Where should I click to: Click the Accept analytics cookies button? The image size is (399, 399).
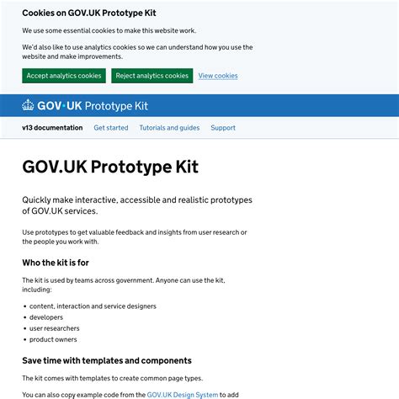[64, 76]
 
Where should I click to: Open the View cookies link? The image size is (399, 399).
[218, 76]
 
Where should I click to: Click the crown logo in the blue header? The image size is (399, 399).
[29, 106]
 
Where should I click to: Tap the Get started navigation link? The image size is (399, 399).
[111, 128]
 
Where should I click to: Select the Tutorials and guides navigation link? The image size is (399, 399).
[169, 128]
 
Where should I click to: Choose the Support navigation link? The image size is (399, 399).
[223, 128]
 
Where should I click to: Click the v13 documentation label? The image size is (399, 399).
[52, 128]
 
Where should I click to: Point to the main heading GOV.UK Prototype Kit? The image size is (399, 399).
[110, 167]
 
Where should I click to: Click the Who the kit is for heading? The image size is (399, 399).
[56, 263]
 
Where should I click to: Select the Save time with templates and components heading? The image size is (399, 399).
[107, 360]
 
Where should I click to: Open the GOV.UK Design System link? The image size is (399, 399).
[183, 394]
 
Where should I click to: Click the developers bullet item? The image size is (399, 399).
[46, 317]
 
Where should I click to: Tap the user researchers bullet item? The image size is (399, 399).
[55, 328]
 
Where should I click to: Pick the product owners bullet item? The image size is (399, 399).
[53, 339]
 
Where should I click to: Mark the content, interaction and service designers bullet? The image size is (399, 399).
[93, 306]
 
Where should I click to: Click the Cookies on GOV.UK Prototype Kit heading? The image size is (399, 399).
[89, 13]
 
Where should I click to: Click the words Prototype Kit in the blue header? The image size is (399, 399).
[116, 106]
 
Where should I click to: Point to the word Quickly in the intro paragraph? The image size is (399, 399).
[39, 200]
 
